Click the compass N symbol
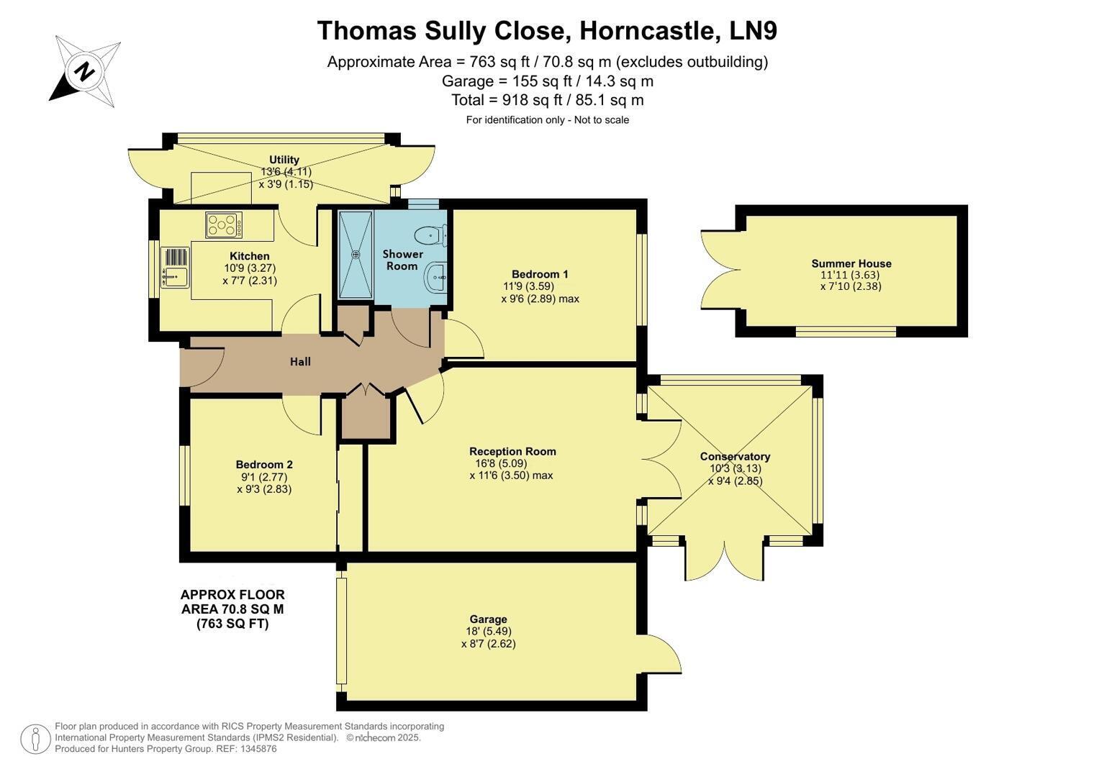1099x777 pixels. point(84,72)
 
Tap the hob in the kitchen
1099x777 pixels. point(224,224)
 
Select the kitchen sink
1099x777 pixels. point(175,268)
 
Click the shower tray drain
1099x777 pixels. point(356,254)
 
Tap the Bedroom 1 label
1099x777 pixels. point(540,274)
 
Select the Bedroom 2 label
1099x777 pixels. point(264,465)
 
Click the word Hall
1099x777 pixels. point(300,362)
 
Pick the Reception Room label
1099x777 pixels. point(512,451)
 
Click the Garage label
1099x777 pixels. point(488,619)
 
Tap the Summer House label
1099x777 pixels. point(851,263)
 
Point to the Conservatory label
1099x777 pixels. point(735,457)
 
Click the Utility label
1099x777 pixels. point(284,160)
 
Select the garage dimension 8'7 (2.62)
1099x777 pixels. point(489,644)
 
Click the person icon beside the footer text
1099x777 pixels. point(35,740)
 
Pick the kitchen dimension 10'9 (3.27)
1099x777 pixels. point(250,268)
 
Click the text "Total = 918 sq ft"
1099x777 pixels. point(507,100)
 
